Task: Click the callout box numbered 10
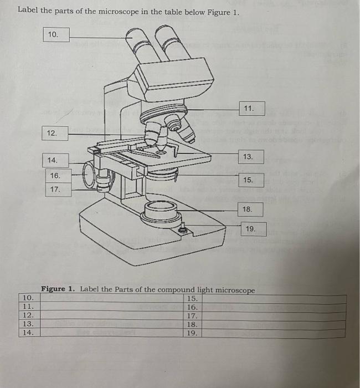56,34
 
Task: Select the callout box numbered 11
252,109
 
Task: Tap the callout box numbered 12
55,134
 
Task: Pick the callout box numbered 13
251,157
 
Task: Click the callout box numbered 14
55,160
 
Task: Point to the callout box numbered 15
251,180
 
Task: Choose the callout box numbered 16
58,176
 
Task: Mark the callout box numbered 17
58,190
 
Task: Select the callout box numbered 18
250,210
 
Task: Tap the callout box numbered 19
254,229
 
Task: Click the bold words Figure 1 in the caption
58,289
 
